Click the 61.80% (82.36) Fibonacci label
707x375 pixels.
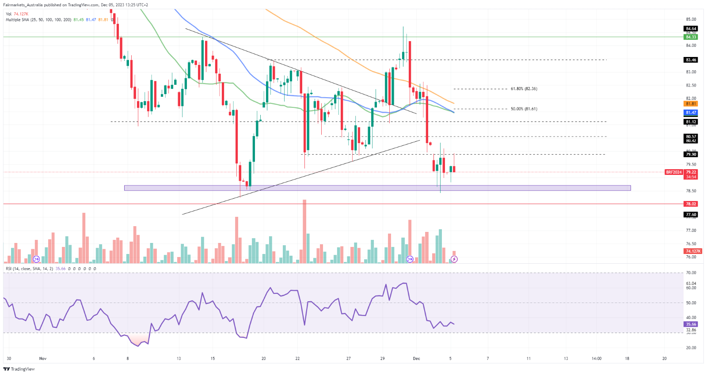click(524, 89)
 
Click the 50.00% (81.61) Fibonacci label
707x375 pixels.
click(524, 109)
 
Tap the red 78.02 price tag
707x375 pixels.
click(691, 204)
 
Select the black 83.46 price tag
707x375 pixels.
click(691, 60)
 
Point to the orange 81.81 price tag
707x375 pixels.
click(691, 104)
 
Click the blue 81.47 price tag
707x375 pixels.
click(691, 113)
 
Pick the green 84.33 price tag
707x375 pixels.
click(691, 37)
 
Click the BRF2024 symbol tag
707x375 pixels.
click(674, 172)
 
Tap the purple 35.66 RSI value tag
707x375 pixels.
click(691, 324)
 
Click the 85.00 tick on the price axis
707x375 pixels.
click(691, 19)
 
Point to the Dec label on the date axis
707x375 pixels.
click(416, 358)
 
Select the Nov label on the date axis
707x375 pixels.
click(43, 358)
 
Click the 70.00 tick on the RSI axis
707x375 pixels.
click(691, 273)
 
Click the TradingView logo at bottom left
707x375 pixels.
click(19, 369)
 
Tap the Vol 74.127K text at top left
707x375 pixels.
click(17, 14)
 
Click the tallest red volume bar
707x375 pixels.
click(304, 231)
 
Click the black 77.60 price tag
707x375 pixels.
click(691, 215)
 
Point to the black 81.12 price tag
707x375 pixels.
click(691, 122)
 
